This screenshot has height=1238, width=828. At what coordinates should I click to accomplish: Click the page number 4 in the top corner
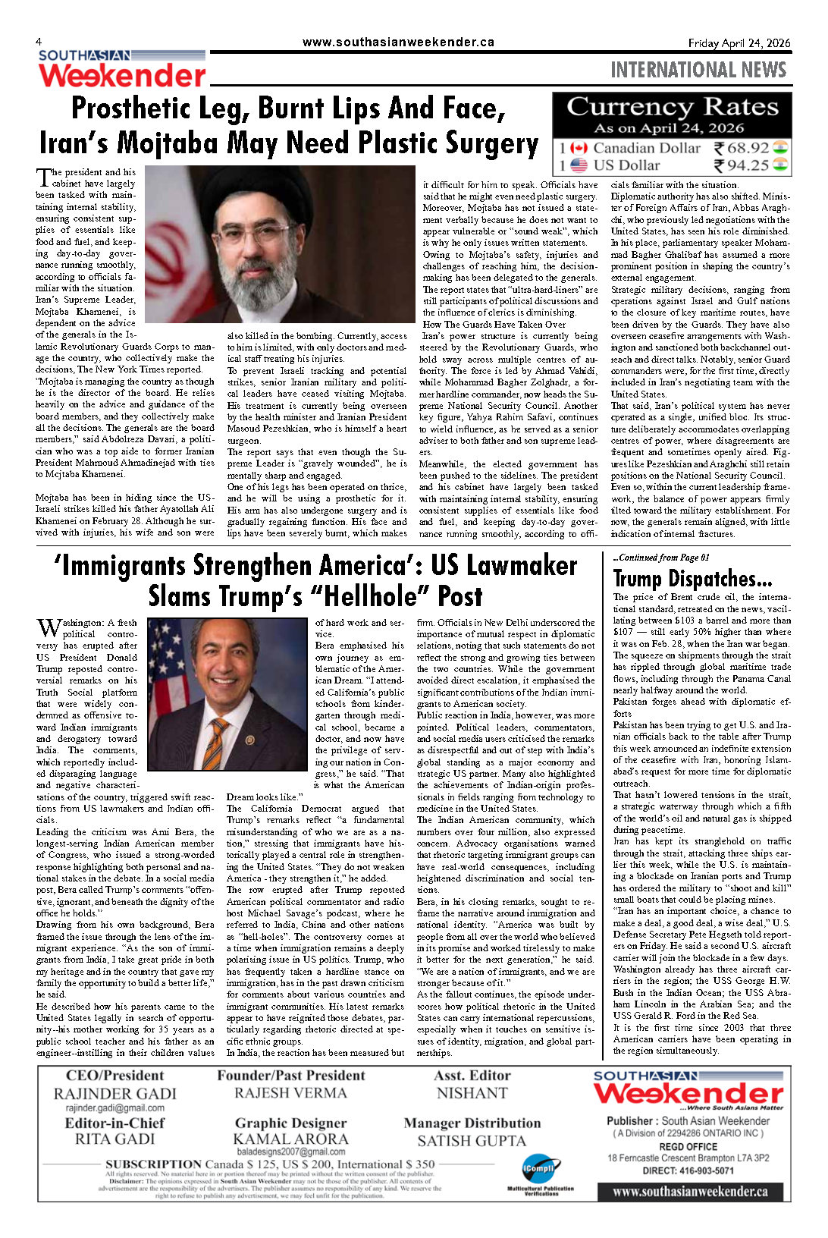click(39, 42)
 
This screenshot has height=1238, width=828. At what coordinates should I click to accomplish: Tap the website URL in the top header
click(398, 42)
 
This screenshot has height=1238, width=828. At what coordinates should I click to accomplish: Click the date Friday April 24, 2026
click(739, 43)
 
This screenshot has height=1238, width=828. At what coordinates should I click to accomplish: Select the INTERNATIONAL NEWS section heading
click(698, 71)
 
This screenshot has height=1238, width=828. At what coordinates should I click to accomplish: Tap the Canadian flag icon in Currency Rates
click(579, 148)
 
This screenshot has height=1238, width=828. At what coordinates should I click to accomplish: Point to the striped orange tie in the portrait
click(215, 743)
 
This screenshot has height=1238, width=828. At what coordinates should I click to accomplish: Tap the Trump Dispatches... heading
click(692, 580)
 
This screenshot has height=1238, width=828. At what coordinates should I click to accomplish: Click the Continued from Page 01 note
click(661, 558)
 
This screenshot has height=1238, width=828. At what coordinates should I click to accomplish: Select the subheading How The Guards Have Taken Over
click(494, 324)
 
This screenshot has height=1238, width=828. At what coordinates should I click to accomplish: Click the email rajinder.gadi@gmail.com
click(114, 1108)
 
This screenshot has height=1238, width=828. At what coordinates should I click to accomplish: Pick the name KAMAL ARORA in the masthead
click(290, 1139)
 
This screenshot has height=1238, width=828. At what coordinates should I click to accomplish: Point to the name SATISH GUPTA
click(472, 1141)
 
